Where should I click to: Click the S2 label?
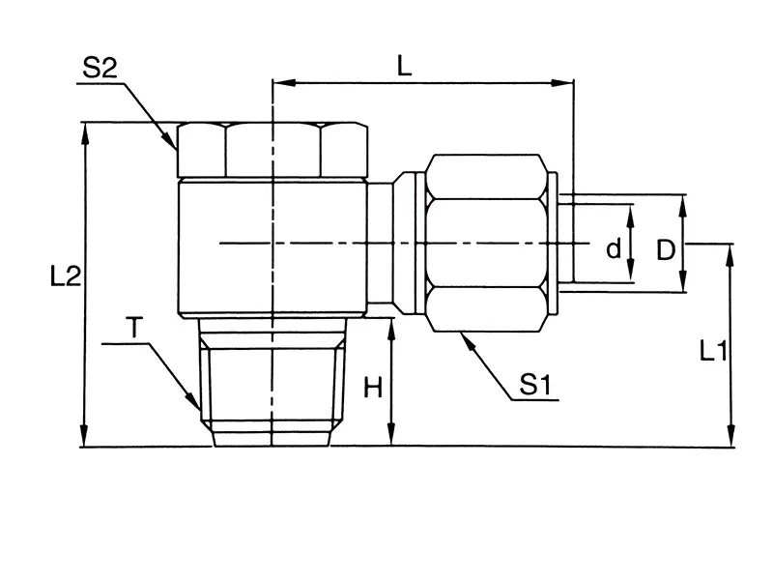point(100,68)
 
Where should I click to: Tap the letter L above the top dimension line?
point(404,66)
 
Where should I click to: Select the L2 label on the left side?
point(66,276)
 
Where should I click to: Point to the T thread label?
point(134,328)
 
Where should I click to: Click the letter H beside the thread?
point(373,388)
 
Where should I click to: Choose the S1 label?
point(535,384)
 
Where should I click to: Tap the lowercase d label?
point(614,248)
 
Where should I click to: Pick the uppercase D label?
point(666,250)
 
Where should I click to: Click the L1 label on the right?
point(713,351)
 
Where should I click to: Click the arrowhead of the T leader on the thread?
point(194,401)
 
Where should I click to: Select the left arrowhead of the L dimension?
point(284,82)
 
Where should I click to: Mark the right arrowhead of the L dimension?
point(562,82)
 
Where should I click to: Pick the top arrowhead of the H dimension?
point(392,330)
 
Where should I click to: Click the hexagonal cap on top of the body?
point(272,150)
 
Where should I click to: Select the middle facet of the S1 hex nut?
point(486,243)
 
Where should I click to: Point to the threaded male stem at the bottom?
point(272,382)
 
